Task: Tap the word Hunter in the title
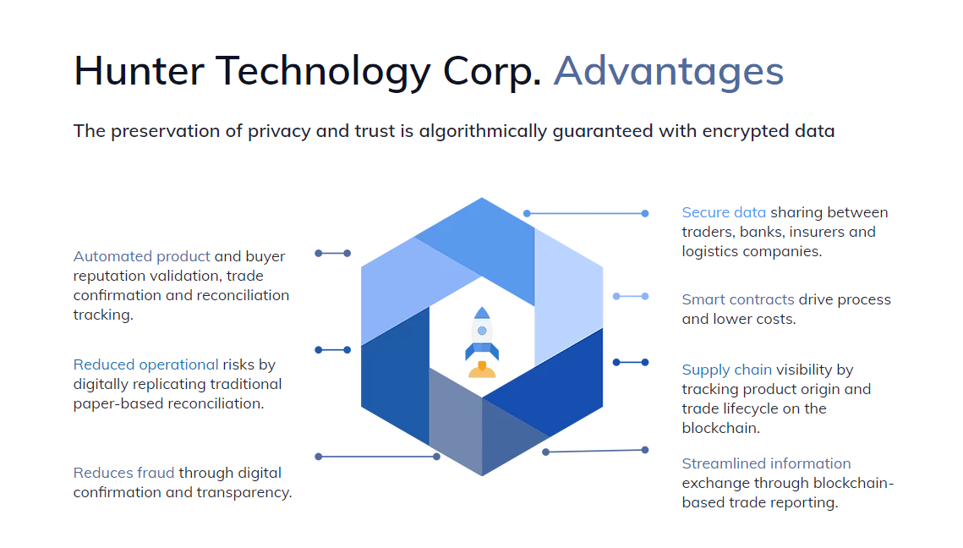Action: pos(139,71)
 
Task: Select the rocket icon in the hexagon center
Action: pos(482,342)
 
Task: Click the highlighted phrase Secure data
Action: pos(724,212)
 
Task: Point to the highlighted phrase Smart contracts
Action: pos(737,300)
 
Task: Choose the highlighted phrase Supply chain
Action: pos(726,370)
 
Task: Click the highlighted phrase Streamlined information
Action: pos(767,463)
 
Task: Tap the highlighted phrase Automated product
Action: pos(141,257)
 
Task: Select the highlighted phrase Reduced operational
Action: pos(145,365)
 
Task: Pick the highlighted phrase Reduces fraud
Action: pos(124,473)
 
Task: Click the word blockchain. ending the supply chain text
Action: pos(720,428)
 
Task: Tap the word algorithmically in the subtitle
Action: pos(483,131)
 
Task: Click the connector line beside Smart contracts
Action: pos(631,296)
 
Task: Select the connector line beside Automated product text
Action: pos(333,253)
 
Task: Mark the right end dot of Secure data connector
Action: pos(645,214)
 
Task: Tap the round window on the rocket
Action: pos(482,331)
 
